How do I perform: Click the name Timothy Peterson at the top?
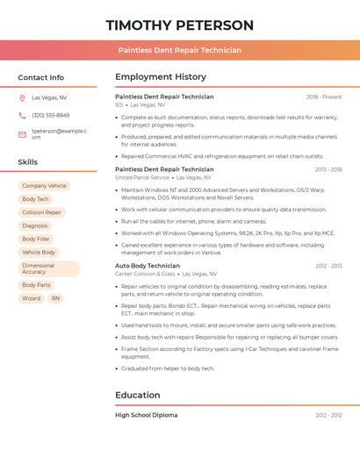pyautogui.click(x=179, y=25)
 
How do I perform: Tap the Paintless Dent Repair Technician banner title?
pyautogui.click(x=179, y=50)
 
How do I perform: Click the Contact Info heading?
pyautogui.click(x=40, y=77)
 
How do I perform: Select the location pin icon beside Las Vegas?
pyautogui.click(x=22, y=98)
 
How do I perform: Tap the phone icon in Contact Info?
pyautogui.click(x=22, y=115)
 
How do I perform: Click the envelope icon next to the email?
pyautogui.click(x=22, y=134)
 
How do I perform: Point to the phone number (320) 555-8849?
pyautogui.click(x=50, y=115)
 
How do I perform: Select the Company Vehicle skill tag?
pyautogui.click(x=44, y=186)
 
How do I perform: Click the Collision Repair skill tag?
pyautogui.click(x=41, y=212)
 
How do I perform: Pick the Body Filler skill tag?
pyautogui.click(x=36, y=239)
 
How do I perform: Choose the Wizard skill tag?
pyautogui.click(x=31, y=298)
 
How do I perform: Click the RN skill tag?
pyautogui.click(x=55, y=298)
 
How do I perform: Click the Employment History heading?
pyautogui.click(x=161, y=77)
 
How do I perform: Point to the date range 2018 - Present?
pyautogui.click(x=323, y=97)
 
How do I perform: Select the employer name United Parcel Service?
pyautogui.click(x=143, y=177)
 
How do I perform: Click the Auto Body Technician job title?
pyautogui.click(x=148, y=265)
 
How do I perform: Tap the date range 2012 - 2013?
pyautogui.click(x=328, y=265)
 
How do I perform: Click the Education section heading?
pyautogui.click(x=138, y=395)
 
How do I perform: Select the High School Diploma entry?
pyautogui.click(x=146, y=415)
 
